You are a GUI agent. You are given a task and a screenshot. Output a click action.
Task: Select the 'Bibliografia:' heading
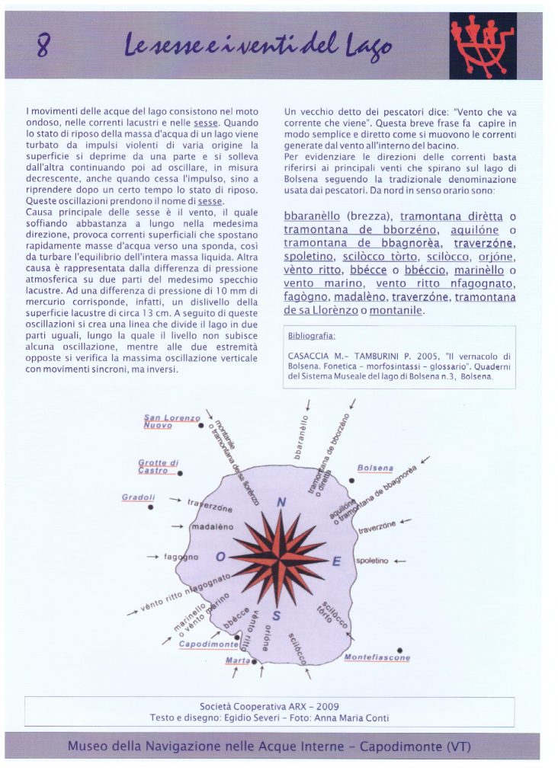pos(312,335)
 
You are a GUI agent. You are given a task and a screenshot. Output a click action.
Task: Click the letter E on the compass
pos(336,561)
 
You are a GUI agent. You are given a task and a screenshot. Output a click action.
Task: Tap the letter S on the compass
pos(277,615)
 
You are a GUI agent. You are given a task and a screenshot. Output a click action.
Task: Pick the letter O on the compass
pos(221,557)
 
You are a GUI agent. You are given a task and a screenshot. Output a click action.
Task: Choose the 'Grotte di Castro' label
pos(158,466)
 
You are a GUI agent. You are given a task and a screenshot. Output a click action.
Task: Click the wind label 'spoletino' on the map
pos(372,561)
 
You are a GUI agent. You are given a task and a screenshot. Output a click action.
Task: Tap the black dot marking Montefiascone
pos(399,650)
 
